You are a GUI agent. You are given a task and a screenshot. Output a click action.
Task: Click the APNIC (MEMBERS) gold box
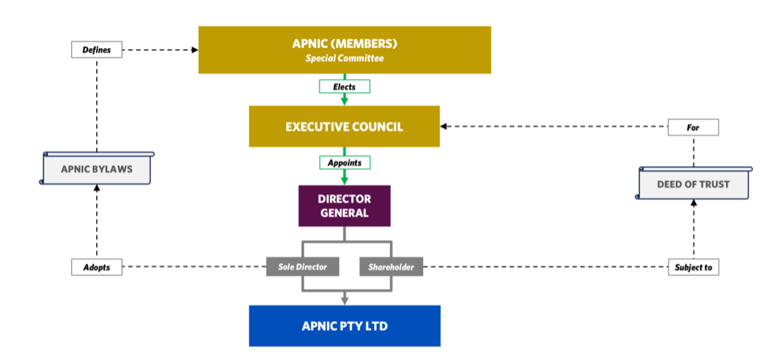(x=344, y=43)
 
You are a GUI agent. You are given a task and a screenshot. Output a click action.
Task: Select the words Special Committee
(x=344, y=59)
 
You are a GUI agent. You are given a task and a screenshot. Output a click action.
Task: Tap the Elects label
(x=344, y=87)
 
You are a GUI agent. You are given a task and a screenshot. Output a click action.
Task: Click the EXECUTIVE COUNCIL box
(x=344, y=127)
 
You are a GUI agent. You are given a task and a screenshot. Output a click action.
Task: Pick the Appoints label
(x=344, y=162)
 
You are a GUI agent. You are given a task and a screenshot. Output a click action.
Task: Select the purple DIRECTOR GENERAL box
(x=344, y=206)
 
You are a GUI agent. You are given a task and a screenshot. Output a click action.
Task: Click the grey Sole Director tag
(x=303, y=267)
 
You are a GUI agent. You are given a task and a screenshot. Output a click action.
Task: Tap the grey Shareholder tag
(x=391, y=267)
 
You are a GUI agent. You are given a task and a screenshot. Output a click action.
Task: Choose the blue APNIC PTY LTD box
(x=344, y=326)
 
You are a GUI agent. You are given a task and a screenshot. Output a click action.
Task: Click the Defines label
(x=97, y=50)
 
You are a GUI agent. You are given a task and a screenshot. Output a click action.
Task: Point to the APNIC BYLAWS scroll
(x=97, y=169)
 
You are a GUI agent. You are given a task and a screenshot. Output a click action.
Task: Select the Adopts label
(x=97, y=267)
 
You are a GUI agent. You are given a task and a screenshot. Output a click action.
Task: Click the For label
(x=693, y=127)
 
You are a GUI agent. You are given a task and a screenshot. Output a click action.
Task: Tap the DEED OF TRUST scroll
(x=693, y=184)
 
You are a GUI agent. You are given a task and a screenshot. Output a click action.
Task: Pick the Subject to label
(x=693, y=267)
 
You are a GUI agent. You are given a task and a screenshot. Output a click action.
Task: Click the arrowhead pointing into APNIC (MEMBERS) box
(x=195, y=50)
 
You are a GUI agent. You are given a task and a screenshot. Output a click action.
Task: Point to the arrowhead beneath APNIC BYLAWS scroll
(x=97, y=188)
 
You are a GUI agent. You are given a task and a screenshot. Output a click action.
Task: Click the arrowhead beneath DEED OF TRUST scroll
(x=694, y=203)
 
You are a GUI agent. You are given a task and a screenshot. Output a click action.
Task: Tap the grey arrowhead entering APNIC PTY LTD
(x=345, y=301)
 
